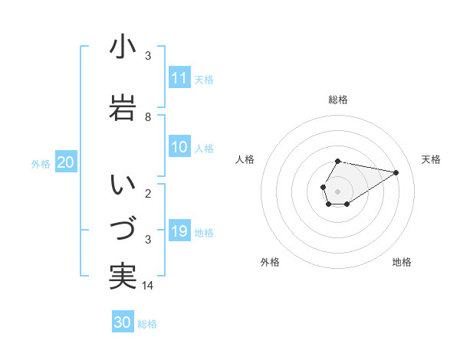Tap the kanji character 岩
tap(123, 108)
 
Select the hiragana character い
tap(123, 185)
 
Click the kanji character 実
tap(123, 276)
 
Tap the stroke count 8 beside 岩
tap(148, 117)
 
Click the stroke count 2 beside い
tap(148, 194)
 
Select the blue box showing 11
tap(179, 78)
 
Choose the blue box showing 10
tap(179, 148)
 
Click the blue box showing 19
tap(179, 232)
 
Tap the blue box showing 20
tap(65, 162)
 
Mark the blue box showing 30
tap(122, 322)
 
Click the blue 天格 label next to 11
tap(204, 80)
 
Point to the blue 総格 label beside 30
tap(147, 324)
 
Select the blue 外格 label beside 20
tap(41, 163)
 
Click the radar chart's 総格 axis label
tap(338, 100)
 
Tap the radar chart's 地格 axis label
tap(402, 262)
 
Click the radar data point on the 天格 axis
tap(396, 172)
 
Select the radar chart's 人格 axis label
tap(245, 159)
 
